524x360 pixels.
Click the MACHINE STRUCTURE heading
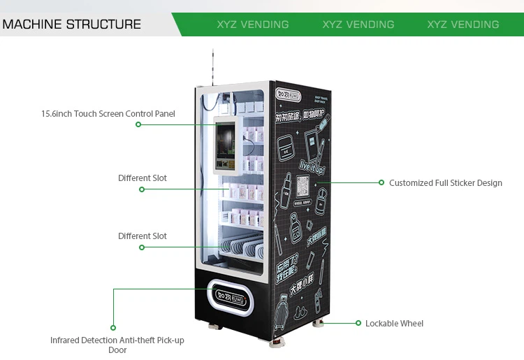pyautogui.click(x=71, y=24)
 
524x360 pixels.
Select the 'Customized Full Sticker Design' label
pyautogui.click(x=445, y=183)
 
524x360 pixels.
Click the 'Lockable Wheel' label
pyautogui.click(x=394, y=324)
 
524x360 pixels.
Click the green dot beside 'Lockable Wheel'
pyautogui.click(x=358, y=324)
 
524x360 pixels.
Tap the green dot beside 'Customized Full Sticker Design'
pyautogui.click(x=381, y=182)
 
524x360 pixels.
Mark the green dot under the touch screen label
pyautogui.click(x=138, y=124)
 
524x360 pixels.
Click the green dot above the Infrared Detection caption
pyautogui.click(x=113, y=327)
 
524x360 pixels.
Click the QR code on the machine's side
pyautogui.click(x=303, y=187)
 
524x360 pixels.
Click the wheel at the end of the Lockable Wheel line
pyautogui.click(x=319, y=324)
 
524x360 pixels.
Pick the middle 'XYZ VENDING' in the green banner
pyautogui.click(x=358, y=24)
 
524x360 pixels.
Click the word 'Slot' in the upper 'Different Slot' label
pyautogui.click(x=159, y=178)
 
